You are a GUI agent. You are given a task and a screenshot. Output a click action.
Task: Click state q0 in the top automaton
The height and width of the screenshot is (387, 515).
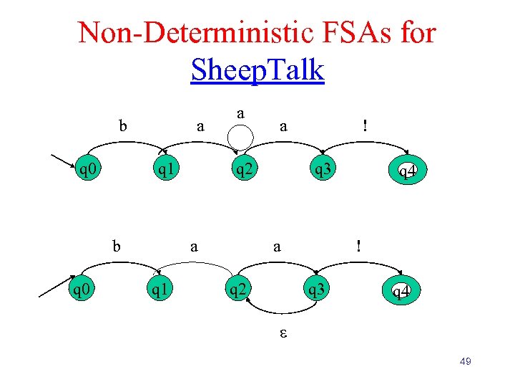click(x=89, y=170)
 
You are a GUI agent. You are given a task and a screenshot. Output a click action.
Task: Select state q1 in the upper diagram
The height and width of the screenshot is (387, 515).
click(x=168, y=170)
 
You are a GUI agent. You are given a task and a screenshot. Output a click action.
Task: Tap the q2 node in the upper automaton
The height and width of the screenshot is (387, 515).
click(x=246, y=170)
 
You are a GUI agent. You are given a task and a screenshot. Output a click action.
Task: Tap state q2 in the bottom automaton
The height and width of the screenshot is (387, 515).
click(x=238, y=291)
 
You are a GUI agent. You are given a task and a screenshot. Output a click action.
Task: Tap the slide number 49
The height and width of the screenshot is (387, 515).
click(x=464, y=361)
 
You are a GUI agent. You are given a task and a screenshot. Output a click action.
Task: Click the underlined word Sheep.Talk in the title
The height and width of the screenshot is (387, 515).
click(x=257, y=70)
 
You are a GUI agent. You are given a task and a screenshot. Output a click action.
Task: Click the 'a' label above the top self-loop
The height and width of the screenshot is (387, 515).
click(x=242, y=113)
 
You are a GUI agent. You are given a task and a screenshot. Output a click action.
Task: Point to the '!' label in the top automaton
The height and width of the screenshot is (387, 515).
click(x=365, y=126)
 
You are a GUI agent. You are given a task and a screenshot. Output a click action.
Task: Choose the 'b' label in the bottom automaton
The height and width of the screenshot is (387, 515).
click(x=116, y=246)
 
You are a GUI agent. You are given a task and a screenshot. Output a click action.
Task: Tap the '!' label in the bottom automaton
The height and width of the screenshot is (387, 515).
click(x=359, y=245)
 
